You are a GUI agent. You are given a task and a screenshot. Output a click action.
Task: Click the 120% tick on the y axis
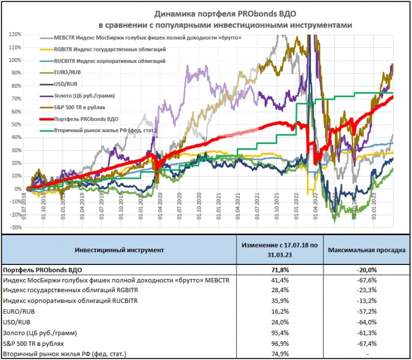click(x=15, y=34)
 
